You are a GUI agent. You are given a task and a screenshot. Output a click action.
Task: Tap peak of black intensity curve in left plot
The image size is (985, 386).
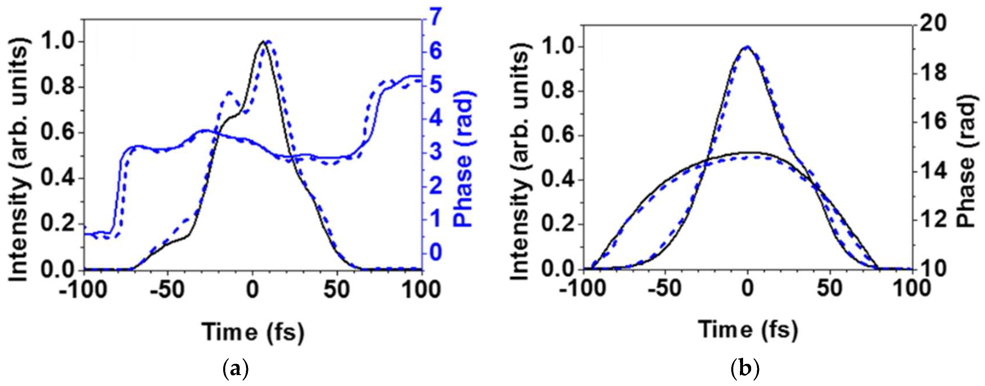click(263, 41)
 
